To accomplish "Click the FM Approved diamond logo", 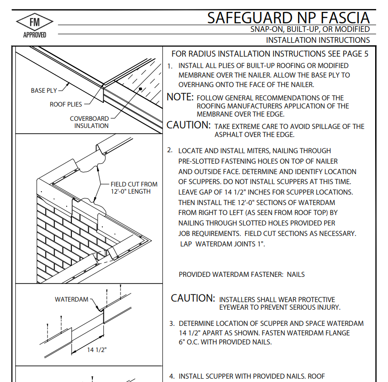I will tap(35, 22).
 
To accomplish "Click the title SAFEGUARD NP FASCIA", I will tap(289, 18).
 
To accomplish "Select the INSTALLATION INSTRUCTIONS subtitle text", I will tap(318, 40).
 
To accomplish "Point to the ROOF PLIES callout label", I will tap(66, 104).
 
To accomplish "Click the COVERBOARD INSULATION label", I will tap(91, 122).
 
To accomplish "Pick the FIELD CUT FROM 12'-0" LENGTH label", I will tap(134, 188).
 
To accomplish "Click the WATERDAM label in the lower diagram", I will tap(71, 299).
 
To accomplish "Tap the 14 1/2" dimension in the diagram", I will tap(97, 350).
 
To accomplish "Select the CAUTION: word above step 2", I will tap(189, 126).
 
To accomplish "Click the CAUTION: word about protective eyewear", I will tap(193, 298).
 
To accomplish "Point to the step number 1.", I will tap(170, 66).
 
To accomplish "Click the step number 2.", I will tap(170, 150).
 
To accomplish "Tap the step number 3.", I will tap(172, 323).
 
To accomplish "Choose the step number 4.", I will tap(172, 376).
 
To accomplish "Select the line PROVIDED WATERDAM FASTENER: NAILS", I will tap(241, 274).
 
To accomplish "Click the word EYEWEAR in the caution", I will tap(236, 308).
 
